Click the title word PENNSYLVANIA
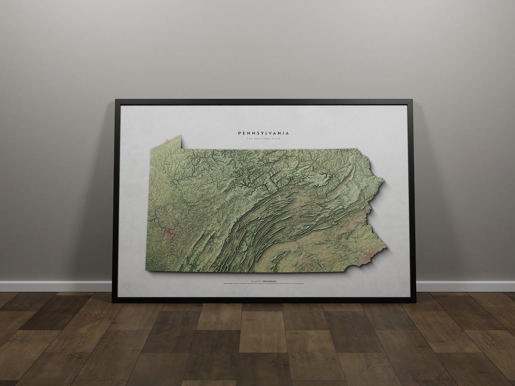point(263,133)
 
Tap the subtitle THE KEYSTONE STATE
point(263,139)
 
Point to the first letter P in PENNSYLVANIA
point(239,133)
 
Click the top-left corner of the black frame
point(116,100)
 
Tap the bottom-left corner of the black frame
point(113,301)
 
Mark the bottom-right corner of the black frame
point(415,301)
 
